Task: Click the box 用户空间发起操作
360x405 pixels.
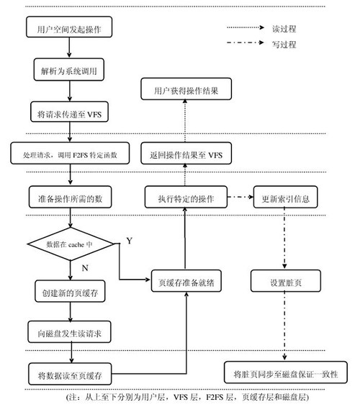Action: (69, 27)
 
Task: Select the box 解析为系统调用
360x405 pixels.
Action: (69, 69)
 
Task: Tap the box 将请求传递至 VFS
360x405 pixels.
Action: (69, 112)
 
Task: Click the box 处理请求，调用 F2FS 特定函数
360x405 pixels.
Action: (70, 153)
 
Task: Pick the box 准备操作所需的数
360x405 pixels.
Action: (70, 197)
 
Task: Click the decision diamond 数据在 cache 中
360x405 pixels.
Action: (71, 244)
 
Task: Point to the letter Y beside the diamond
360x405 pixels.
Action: (130, 241)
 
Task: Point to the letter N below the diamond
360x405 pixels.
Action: (85, 268)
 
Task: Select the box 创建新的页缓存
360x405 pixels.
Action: (70, 291)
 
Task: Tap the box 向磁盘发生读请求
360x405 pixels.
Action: (69, 332)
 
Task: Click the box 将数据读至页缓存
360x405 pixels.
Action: (70, 374)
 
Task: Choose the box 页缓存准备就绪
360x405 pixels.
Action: (186, 281)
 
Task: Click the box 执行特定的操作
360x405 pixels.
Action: (186, 197)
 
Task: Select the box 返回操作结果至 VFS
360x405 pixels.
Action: (186, 153)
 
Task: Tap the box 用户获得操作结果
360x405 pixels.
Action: (186, 89)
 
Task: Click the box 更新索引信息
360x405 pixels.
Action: (285, 197)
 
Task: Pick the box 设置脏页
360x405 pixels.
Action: (286, 281)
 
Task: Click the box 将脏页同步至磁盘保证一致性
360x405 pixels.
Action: (286, 372)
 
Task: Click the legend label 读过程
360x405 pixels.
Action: (284, 29)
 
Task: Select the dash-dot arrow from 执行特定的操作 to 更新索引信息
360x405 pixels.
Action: (240, 197)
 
